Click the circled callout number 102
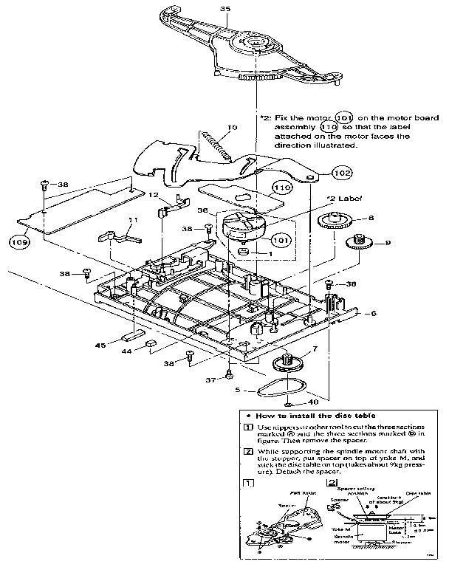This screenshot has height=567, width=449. click(321, 173)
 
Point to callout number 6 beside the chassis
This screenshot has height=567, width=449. click(374, 314)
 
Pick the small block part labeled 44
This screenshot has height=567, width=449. click(151, 343)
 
